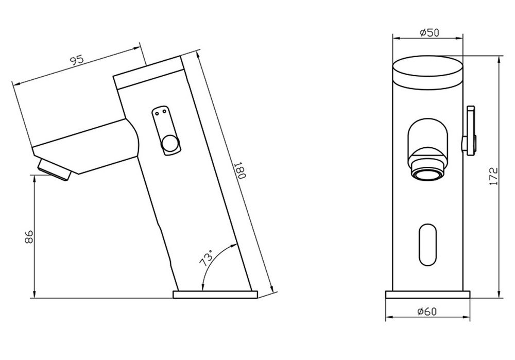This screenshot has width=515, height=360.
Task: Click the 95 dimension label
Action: (77, 60)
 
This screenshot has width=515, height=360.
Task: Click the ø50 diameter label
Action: (429, 32)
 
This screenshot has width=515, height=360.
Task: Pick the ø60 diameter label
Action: (427, 311)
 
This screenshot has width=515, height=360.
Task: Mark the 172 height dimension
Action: (493, 176)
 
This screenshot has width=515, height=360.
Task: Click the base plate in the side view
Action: (215, 295)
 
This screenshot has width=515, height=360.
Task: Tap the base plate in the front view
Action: (428, 295)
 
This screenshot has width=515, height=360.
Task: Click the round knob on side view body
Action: (170, 145)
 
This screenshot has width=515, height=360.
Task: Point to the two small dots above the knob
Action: (160, 110)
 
